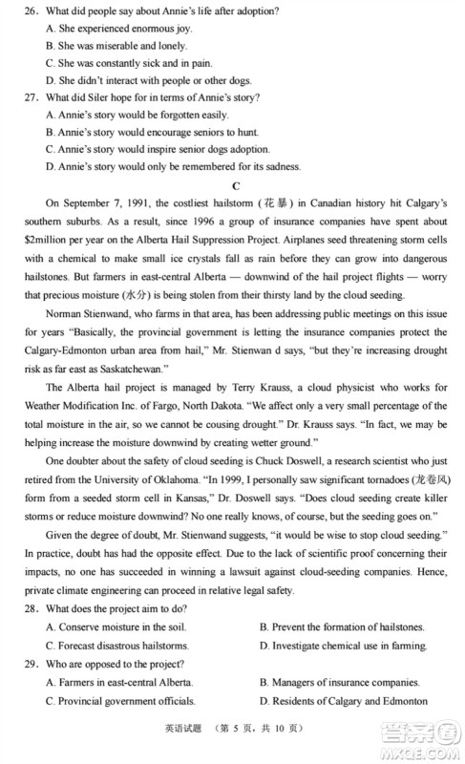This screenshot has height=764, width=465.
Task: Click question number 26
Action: pyautogui.click(x=32, y=11)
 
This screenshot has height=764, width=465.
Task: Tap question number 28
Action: pyautogui.click(x=32, y=609)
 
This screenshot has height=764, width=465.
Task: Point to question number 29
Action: pyautogui.click(x=32, y=664)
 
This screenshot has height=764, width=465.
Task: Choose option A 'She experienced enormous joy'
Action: pyautogui.click(x=112, y=29)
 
